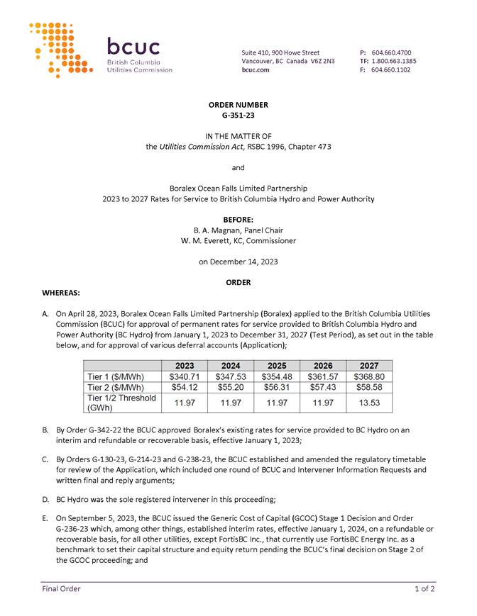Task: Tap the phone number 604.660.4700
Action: coord(391,52)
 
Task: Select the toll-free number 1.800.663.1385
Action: coord(394,61)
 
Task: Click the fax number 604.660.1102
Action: coord(391,69)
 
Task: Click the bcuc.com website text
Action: coord(255,69)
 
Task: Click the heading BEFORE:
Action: coord(238,220)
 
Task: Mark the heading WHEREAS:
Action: coord(61,292)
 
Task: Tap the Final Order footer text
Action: coord(61,588)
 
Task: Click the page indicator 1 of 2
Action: coord(424,588)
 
